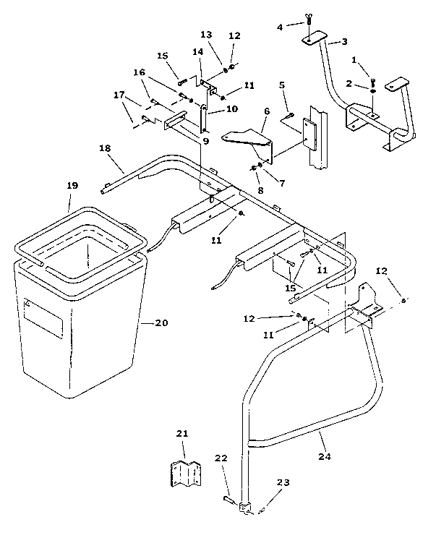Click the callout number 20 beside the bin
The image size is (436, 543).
(161, 323)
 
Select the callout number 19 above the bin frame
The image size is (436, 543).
(72, 186)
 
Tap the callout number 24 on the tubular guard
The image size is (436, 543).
(325, 457)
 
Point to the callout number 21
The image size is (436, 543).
(182, 434)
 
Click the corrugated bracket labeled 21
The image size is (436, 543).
(186, 474)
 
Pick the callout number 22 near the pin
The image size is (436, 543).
(221, 458)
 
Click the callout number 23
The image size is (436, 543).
(283, 482)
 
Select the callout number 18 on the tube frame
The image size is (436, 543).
(105, 148)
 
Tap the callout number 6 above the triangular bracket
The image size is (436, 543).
(266, 111)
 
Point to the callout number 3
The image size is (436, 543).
(344, 41)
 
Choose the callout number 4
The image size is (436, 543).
(280, 27)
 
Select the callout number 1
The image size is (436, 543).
(354, 60)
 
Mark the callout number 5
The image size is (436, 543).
(282, 85)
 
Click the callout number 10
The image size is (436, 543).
(231, 109)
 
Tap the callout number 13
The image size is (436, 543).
(206, 35)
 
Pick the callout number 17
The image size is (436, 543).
(119, 95)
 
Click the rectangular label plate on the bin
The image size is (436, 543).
(43, 319)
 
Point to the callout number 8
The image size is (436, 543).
(260, 190)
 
